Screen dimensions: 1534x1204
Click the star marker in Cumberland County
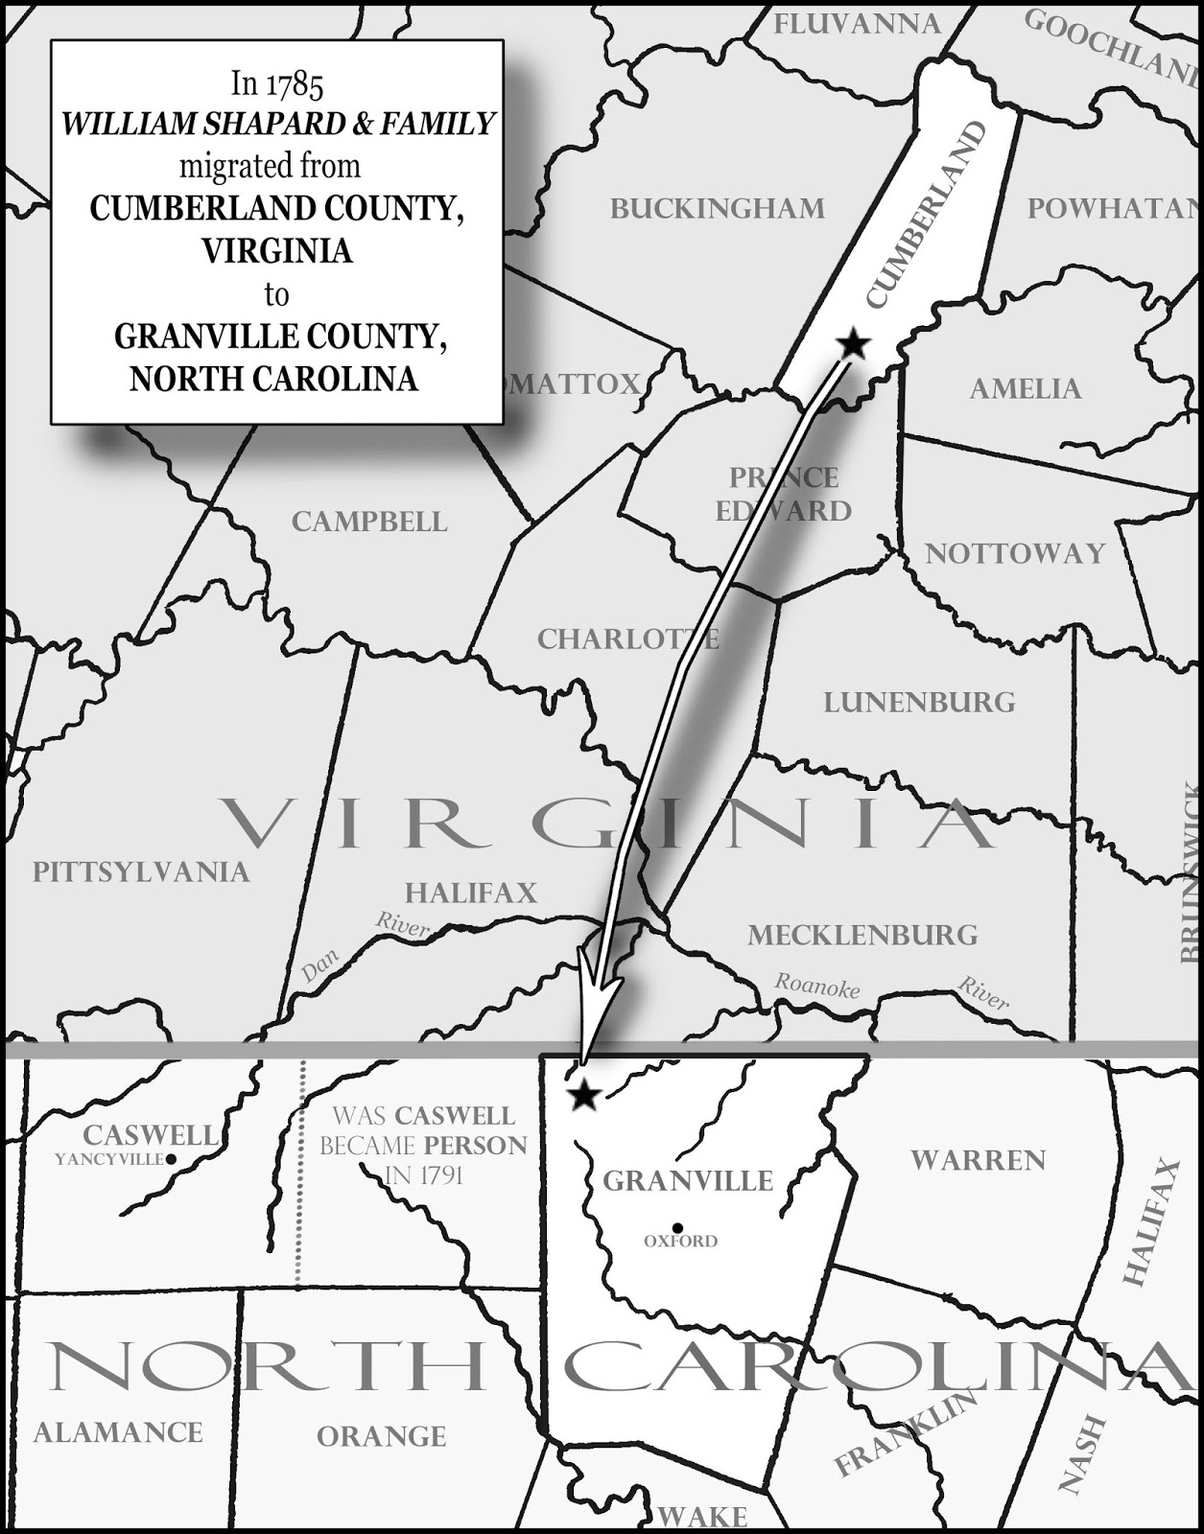point(852,343)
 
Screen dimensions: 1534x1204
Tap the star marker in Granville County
point(582,1095)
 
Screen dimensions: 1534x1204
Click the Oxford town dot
point(678,1228)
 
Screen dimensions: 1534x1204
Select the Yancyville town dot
point(171,1159)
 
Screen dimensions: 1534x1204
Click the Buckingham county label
point(717,208)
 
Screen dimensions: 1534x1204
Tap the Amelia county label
point(1025,388)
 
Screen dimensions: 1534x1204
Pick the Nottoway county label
point(1015,553)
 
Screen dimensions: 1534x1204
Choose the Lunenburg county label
point(919,702)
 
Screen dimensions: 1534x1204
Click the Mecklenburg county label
point(862,935)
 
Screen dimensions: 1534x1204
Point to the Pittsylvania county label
point(141,872)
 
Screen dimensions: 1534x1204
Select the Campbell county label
point(369,522)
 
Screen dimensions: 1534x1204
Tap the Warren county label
point(978,1160)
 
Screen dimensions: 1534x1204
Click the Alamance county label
point(118,1432)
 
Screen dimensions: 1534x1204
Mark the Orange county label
point(381,1436)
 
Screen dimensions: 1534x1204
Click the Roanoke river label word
point(817,986)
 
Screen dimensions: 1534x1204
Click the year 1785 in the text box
point(295,84)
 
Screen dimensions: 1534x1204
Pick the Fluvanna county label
point(857,24)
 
